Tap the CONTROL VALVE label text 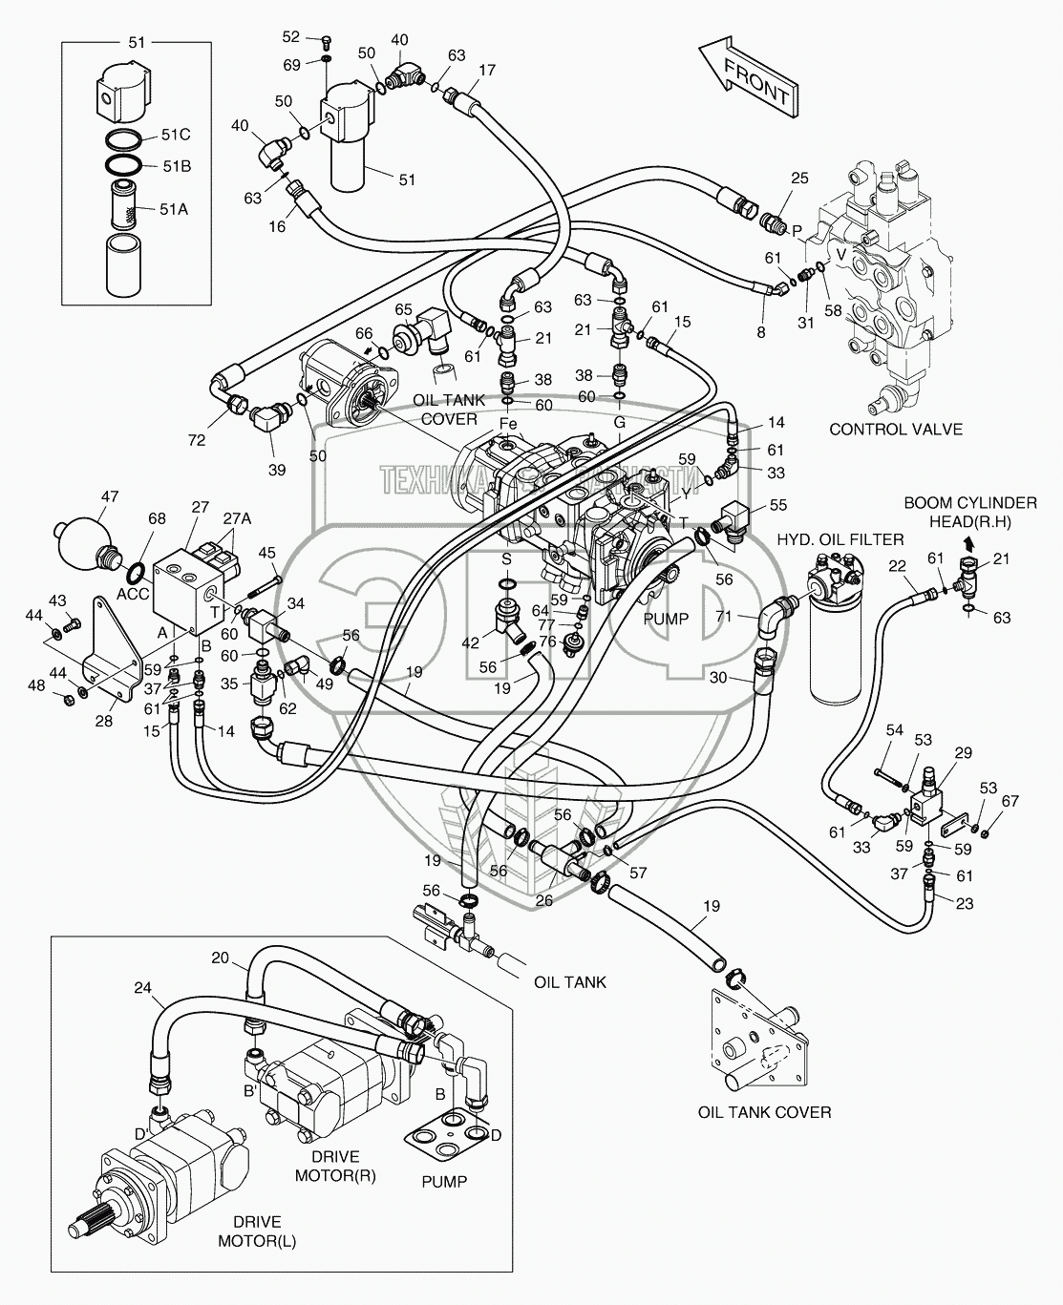click(x=895, y=429)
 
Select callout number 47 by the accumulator click(x=110, y=496)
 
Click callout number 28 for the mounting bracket click(x=103, y=721)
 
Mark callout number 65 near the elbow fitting click(x=403, y=309)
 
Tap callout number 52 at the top click(x=290, y=37)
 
